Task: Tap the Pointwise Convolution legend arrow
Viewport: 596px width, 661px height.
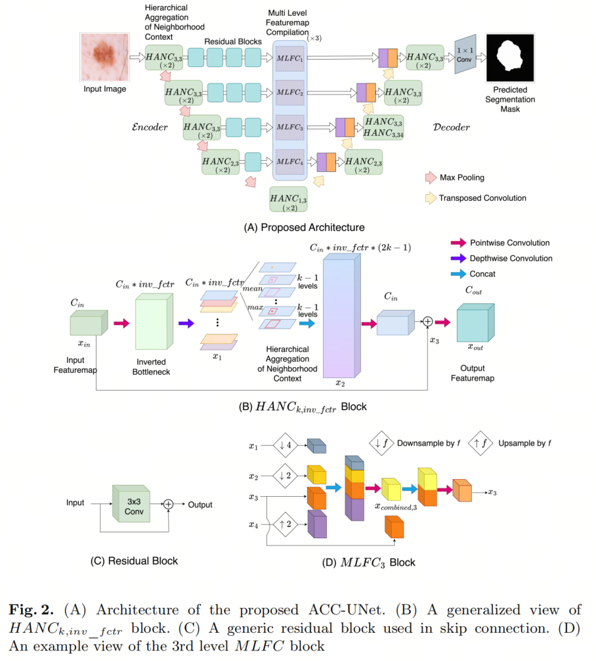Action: coord(460,243)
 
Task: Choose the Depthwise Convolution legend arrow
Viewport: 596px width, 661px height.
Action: coord(460,258)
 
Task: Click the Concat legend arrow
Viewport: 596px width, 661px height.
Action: coord(460,274)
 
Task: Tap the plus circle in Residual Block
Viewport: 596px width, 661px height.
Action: coord(169,504)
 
